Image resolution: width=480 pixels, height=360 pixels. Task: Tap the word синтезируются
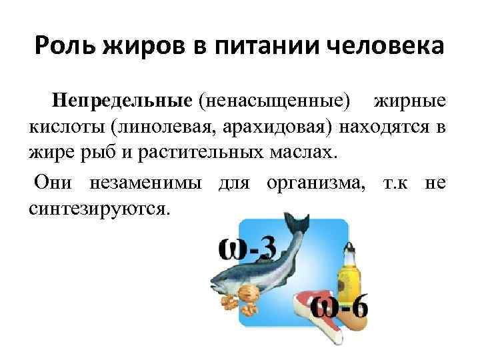pos(99,208)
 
